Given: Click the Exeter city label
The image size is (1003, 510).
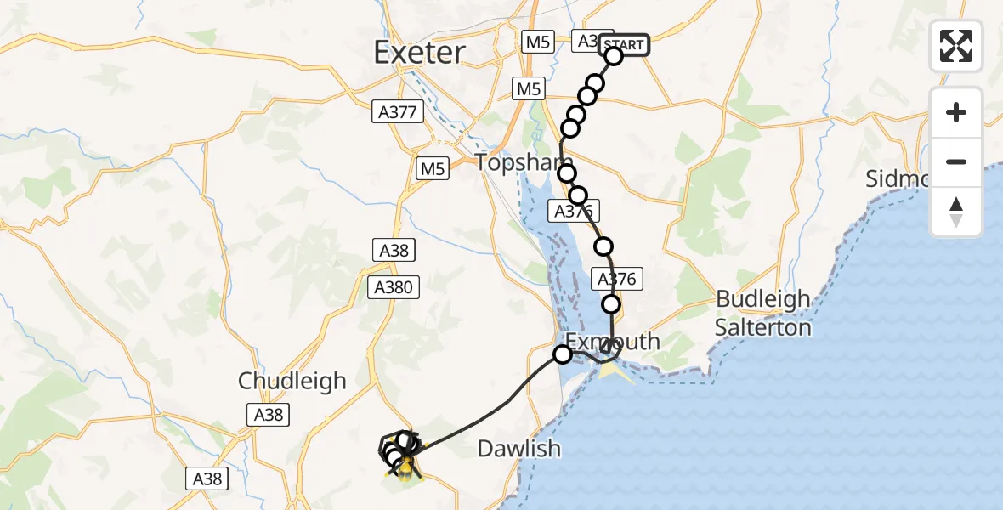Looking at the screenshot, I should pos(419,53).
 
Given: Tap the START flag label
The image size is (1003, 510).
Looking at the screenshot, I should pos(625,44).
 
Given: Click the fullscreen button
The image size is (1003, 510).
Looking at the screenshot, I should pos(956,46).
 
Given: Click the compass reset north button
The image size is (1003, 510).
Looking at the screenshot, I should pos(956,212).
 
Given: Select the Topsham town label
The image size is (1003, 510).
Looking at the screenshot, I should pos(513,162).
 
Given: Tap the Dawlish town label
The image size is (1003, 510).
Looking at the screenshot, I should pos(519,448).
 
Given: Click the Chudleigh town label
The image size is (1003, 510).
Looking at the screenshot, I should pos(292,381).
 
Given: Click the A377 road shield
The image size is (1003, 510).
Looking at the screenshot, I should pos(398,111).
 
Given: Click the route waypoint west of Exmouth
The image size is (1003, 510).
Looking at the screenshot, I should pos(563,354).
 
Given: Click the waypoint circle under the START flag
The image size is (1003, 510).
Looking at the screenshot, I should pos(614,57).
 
